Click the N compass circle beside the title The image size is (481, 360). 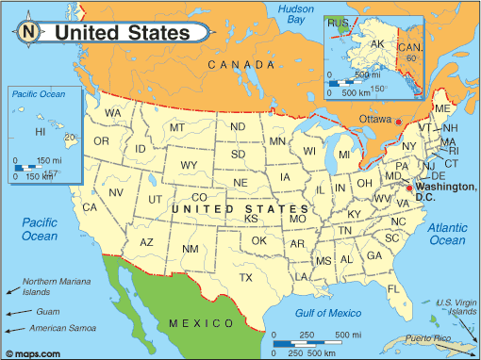point(28,31)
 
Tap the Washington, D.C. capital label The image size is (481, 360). point(441,190)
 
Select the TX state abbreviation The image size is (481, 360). point(247,278)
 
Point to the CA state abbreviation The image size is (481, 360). point(91,207)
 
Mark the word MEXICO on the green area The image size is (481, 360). point(195,323)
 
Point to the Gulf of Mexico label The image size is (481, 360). point(327,312)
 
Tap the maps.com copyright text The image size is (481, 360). point(35,352)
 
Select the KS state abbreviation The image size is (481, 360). point(252,219)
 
